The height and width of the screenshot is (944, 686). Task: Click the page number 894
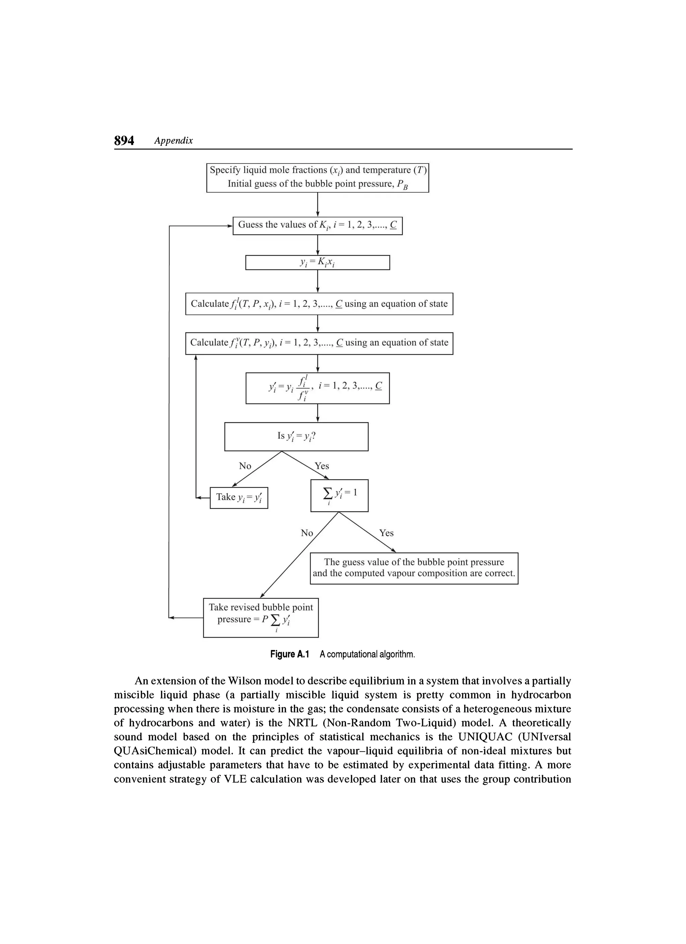tap(124, 141)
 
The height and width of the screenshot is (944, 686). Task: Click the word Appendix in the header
tap(174, 141)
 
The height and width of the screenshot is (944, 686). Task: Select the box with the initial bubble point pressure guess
tap(318, 178)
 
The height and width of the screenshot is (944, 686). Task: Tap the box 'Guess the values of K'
tap(318, 226)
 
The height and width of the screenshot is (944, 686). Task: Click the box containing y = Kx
tap(318, 263)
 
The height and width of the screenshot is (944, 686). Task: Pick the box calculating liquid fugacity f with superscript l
tap(319, 304)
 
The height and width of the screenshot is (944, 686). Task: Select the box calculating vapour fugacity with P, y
tap(319, 343)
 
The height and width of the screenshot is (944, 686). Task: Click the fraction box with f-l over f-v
tap(318, 388)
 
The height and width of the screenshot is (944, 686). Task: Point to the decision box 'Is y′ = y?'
tap(296, 437)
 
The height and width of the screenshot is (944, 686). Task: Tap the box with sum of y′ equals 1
tap(339, 495)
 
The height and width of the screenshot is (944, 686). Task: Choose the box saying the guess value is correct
tap(414, 568)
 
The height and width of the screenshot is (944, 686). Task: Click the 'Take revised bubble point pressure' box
tap(261, 618)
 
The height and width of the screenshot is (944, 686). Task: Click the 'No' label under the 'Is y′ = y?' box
tap(245, 466)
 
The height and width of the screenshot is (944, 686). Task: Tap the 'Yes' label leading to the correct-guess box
tap(386, 533)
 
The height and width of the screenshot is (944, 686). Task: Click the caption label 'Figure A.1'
tap(289, 655)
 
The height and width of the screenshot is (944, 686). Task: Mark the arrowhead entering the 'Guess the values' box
tap(230, 226)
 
